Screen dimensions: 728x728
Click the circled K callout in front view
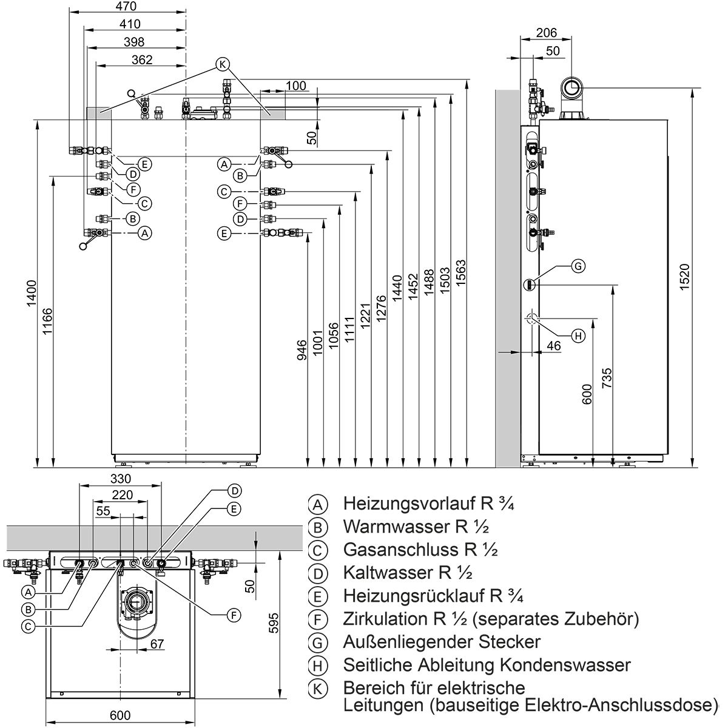223,64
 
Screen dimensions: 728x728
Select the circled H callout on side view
578,335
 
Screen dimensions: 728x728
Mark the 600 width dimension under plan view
121,716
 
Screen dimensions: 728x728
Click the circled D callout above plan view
235,490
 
